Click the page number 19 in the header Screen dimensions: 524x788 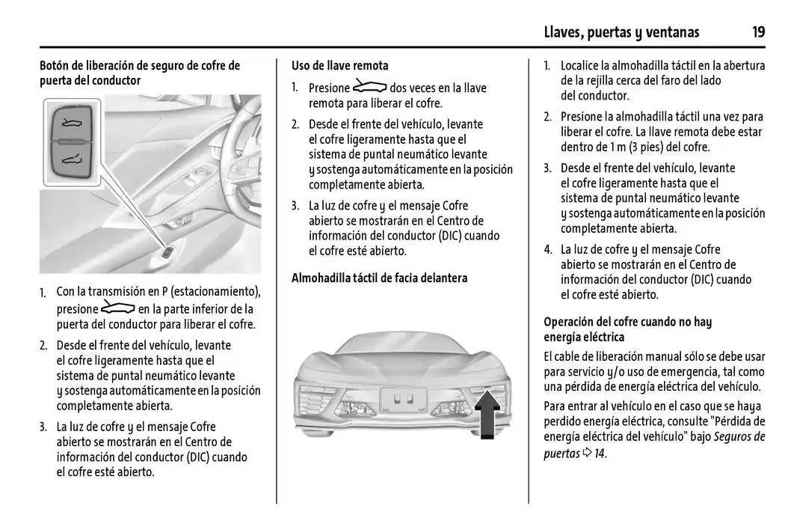[758, 31]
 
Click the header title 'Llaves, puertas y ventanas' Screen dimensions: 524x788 [621, 31]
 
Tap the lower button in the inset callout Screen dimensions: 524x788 [72, 159]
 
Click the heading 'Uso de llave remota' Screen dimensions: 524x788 [339, 66]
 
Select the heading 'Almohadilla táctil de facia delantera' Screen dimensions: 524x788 [379, 278]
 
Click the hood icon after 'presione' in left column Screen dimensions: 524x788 [117, 308]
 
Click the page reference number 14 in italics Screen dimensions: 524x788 [600, 453]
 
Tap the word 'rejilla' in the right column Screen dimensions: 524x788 [591, 81]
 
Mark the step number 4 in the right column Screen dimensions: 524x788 [547, 250]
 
